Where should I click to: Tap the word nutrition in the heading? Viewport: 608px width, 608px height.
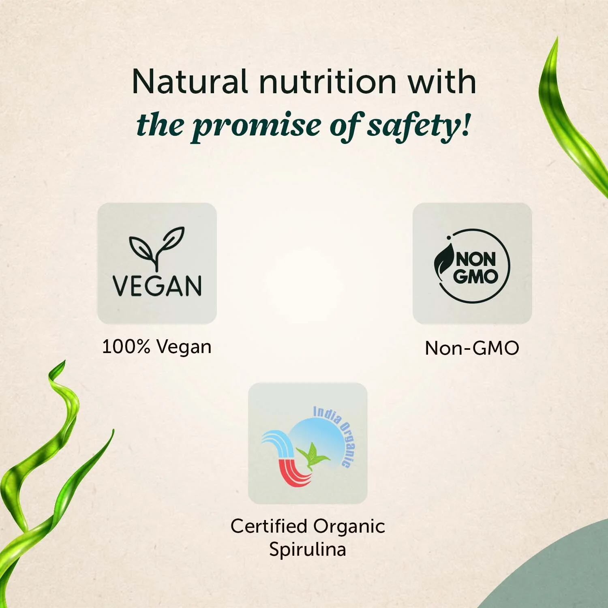point(328,82)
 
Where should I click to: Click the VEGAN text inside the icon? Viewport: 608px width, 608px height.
point(157,286)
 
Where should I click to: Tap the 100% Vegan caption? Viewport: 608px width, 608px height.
point(157,347)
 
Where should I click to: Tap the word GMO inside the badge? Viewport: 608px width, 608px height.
point(475,277)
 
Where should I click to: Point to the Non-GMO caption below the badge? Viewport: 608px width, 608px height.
point(472,348)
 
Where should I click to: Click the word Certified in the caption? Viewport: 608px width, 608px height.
point(268,527)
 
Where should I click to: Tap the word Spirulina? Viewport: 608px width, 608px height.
point(307,549)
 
